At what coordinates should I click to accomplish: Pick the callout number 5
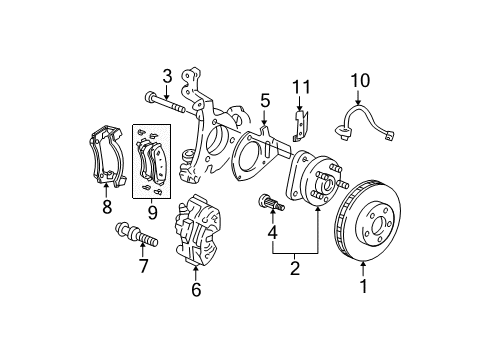(265, 100)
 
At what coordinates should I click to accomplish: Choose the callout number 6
(196, 290)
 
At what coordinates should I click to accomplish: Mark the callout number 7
(143, 267)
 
